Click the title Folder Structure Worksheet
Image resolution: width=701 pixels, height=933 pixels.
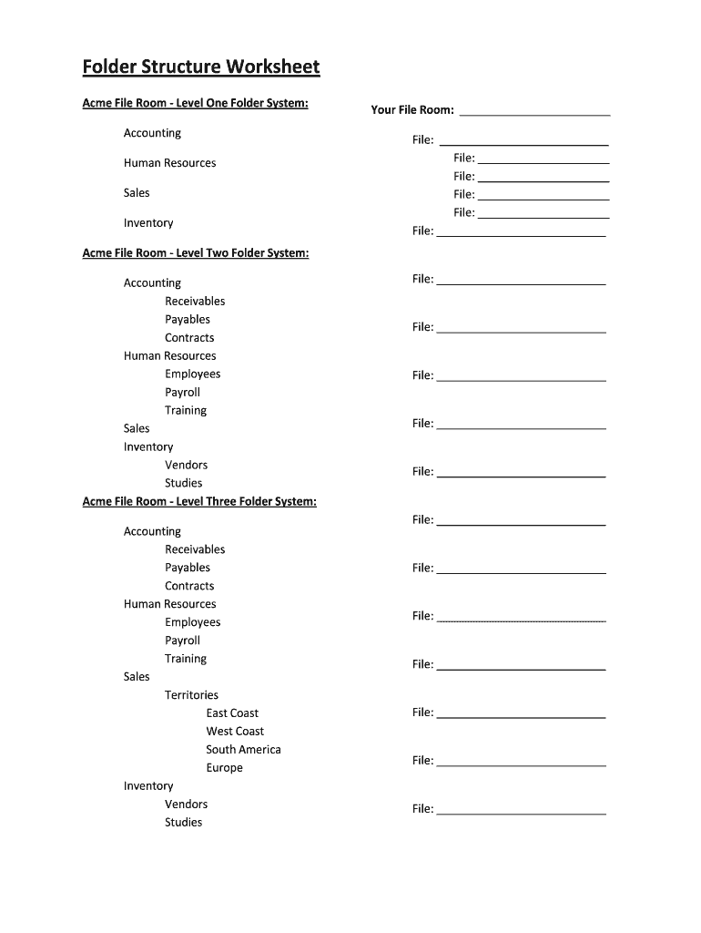pyautogui.click(x=201, y=67)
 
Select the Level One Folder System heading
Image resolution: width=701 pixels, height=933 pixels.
pyautogui.click(x=195, y=103)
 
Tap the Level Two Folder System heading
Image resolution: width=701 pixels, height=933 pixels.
pyautogui.click(x=195, y=252)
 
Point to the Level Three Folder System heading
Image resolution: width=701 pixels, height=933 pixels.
pyautogui.click(x=199, y=501)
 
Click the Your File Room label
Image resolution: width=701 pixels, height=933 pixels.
pyautogui.click(x=411, y=109)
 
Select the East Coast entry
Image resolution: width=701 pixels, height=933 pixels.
pyautogui.click(x=232, y=713)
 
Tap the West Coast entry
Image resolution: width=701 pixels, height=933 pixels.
pyautogui.click(x=235, y=731)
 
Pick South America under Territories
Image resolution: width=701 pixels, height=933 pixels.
pyautogui.click(x=243, y=749)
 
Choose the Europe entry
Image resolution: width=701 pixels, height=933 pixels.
pyautogui.click(x=224, y=767)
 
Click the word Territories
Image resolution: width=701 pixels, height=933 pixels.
pyautogui.click(x=191, y=694)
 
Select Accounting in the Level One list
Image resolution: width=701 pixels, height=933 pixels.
pyautogui.click(x=152, y=133)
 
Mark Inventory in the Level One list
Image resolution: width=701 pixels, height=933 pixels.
pyautogui.click(x=148, y=222)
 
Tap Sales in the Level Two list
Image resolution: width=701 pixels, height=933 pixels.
pyautogui.click(x=137, y=428)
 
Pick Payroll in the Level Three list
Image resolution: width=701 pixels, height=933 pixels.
pyautogui.click(x=182, y=640)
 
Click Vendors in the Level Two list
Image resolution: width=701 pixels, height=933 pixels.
pyautogui.click(x=186, y=465)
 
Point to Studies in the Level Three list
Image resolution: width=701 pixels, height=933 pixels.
pyautogui.click(x=183, y=822)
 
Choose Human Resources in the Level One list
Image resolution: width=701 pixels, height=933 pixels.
pyautogui.click(x=169, y=163)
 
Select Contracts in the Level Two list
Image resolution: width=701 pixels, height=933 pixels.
pyautogui.click(x=189, y=337)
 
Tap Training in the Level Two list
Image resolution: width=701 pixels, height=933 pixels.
pyautogui.click(x=186, y=410)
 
